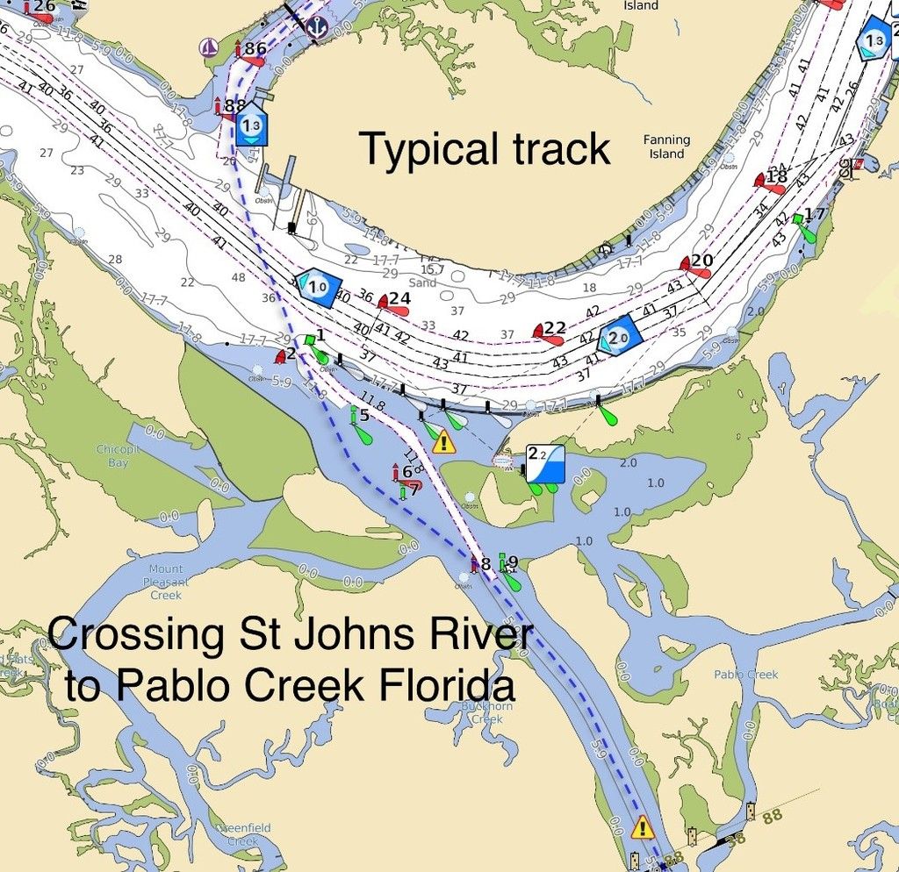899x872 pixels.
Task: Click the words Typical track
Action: click(485, 148)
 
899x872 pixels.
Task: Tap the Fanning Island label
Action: click(666, 147)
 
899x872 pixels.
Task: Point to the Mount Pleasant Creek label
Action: click(166, 582)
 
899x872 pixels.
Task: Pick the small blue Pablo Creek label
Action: click(745, 675)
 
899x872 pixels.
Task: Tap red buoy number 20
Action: click(695, 265)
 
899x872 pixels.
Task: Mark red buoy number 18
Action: click(770, 182)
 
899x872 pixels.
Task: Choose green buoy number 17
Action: click(804, 223)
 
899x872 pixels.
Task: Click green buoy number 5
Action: click(358, 425)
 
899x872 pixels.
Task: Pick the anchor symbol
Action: click(316, 26)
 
